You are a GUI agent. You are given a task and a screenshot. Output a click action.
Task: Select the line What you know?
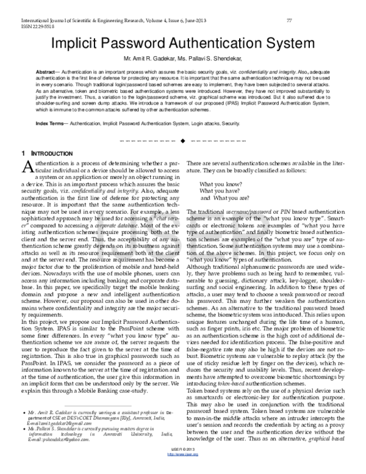click(222, 184)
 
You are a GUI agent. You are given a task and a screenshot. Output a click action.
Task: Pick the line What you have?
click(222, 191)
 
